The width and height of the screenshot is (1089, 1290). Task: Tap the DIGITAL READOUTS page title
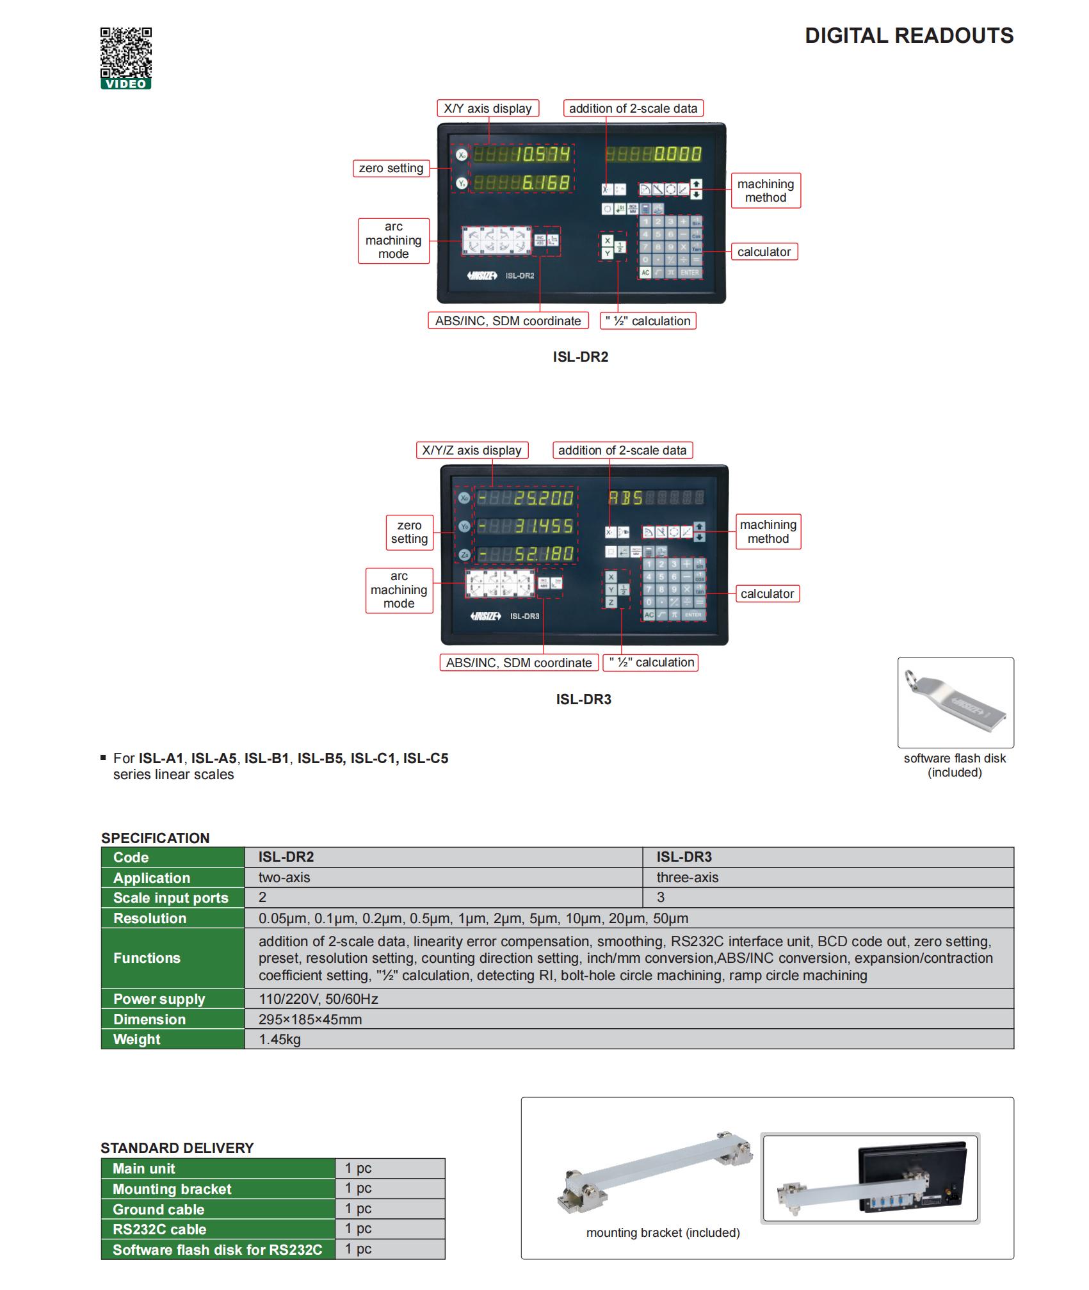coord(908,36)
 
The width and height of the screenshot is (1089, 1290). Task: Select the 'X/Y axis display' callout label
coord(487,108)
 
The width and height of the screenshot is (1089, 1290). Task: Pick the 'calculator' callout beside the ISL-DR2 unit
coord(764,252)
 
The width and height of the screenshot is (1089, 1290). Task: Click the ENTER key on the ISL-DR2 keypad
coord(690,273)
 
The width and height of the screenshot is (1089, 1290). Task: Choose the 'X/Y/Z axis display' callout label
coord(472,450)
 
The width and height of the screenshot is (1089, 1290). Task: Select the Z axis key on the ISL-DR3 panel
coord(611,602)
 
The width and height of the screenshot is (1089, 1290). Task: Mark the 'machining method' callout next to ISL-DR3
coord(768,531)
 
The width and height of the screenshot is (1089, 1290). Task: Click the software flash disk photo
coord(955,702)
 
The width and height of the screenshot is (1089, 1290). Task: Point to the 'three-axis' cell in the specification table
coord(688,877)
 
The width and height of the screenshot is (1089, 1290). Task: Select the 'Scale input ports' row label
coord(170,898)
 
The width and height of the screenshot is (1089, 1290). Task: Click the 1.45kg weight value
coord(280,1039)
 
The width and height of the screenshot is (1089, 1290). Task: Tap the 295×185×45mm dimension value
coord(310,1019)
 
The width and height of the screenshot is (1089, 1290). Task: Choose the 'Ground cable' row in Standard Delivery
coord(158,1209)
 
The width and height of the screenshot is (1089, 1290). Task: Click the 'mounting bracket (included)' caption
coord(663,1232)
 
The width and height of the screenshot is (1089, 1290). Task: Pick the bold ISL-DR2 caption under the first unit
coord(580,357)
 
